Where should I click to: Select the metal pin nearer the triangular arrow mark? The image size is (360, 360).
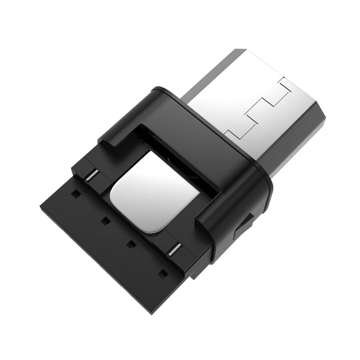(x=176, y=248)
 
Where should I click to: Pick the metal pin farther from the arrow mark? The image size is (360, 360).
(x=91, y=175)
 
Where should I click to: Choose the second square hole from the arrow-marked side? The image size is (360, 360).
(x=130, y=244)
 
